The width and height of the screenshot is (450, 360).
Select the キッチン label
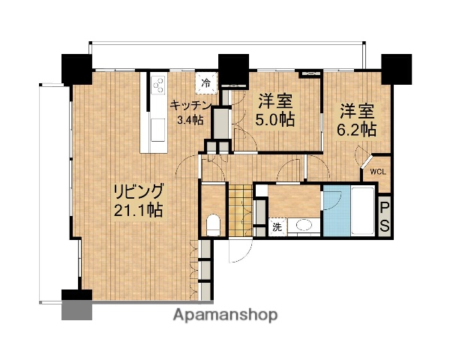pos(193,105)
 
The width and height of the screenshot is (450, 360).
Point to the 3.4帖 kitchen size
pos(189,120)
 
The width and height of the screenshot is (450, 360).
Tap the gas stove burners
pos(158,86)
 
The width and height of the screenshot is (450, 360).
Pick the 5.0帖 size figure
pos(276,119)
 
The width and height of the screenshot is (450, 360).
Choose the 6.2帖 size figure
pos(355,127)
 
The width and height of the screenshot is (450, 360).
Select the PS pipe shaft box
pos(383,216)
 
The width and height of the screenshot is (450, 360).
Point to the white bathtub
pos(361,210)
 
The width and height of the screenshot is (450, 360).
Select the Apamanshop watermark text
pos(225,316)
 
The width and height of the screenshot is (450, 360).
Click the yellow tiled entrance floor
pos(239,209)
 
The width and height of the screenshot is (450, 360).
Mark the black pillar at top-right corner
pos(397,68)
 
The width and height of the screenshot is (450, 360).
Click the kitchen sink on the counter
pos(158,128)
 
